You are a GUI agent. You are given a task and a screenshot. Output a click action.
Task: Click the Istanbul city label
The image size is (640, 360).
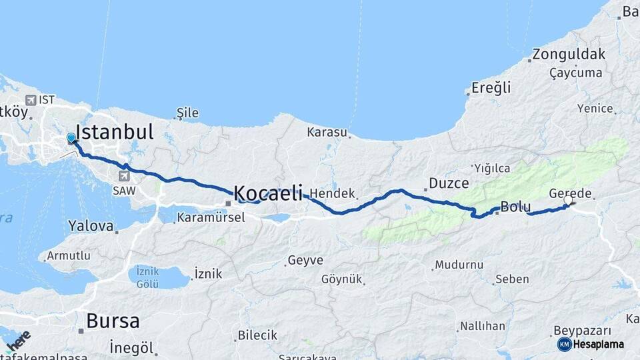(115, 131)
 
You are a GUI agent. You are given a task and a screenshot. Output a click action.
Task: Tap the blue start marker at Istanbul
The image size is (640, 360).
(71, 138)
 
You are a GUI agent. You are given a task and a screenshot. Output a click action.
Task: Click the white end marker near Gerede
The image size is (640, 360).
(568, 199)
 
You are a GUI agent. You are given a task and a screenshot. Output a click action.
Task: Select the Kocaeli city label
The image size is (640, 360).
(268, 193)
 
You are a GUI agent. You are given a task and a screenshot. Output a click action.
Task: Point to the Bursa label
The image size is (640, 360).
(113, 321)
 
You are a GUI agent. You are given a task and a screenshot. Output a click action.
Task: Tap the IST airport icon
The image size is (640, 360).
(31, 100)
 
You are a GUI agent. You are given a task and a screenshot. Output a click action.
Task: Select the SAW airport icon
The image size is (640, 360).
(124, 176)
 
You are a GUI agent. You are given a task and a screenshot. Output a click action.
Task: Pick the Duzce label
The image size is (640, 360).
(449, 183)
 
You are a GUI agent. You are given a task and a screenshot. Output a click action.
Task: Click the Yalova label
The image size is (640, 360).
(91, 226)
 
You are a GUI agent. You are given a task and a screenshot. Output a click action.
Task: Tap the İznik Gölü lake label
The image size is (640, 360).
(147, 277)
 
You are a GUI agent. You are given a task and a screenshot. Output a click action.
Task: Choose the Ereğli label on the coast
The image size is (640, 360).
(491, 87)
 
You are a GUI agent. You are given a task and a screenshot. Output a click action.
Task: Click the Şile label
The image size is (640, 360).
(188, 113)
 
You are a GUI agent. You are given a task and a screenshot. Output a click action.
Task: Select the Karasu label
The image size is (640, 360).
(327, 132)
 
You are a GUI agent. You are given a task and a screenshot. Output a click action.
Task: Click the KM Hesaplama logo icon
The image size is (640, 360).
(564, 344)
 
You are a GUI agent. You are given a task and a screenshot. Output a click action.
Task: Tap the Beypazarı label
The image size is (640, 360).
(581, 331)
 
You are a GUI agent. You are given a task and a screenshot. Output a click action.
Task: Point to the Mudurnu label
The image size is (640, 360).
(459, 265)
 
